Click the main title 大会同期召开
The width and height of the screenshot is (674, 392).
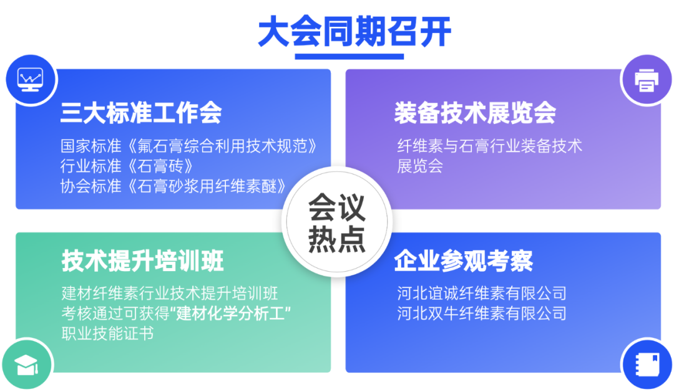click(354, 31)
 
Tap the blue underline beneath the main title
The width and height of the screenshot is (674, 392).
click(349, 56)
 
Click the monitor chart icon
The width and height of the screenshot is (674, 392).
click(30, 79)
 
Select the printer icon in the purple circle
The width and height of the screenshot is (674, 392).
click(647, 80)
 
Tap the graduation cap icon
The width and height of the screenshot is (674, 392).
click(27, 365)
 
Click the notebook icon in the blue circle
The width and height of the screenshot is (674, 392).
click(647, 365)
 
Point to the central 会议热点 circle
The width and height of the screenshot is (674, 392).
click(337, 222)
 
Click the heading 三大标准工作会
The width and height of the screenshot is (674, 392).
click(141, 113)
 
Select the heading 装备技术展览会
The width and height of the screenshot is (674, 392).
click(475, 113)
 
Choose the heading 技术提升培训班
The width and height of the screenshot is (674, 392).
click(143, 261)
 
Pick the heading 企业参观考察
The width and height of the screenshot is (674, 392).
click(463, 261)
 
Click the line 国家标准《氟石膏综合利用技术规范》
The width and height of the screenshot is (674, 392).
click(188, 146)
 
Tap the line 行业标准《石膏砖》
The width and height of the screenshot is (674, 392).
click(127, 166)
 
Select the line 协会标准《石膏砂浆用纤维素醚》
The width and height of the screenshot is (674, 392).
click(173, 186)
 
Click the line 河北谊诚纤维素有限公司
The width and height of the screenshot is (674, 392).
click(482, 294)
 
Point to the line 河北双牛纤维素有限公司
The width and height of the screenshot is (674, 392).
click(482, 313)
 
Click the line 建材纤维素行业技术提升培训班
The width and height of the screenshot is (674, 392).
click(170, 294)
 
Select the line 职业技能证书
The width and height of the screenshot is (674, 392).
click(107, 333)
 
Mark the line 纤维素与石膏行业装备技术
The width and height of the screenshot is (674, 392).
click(490, 146)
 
